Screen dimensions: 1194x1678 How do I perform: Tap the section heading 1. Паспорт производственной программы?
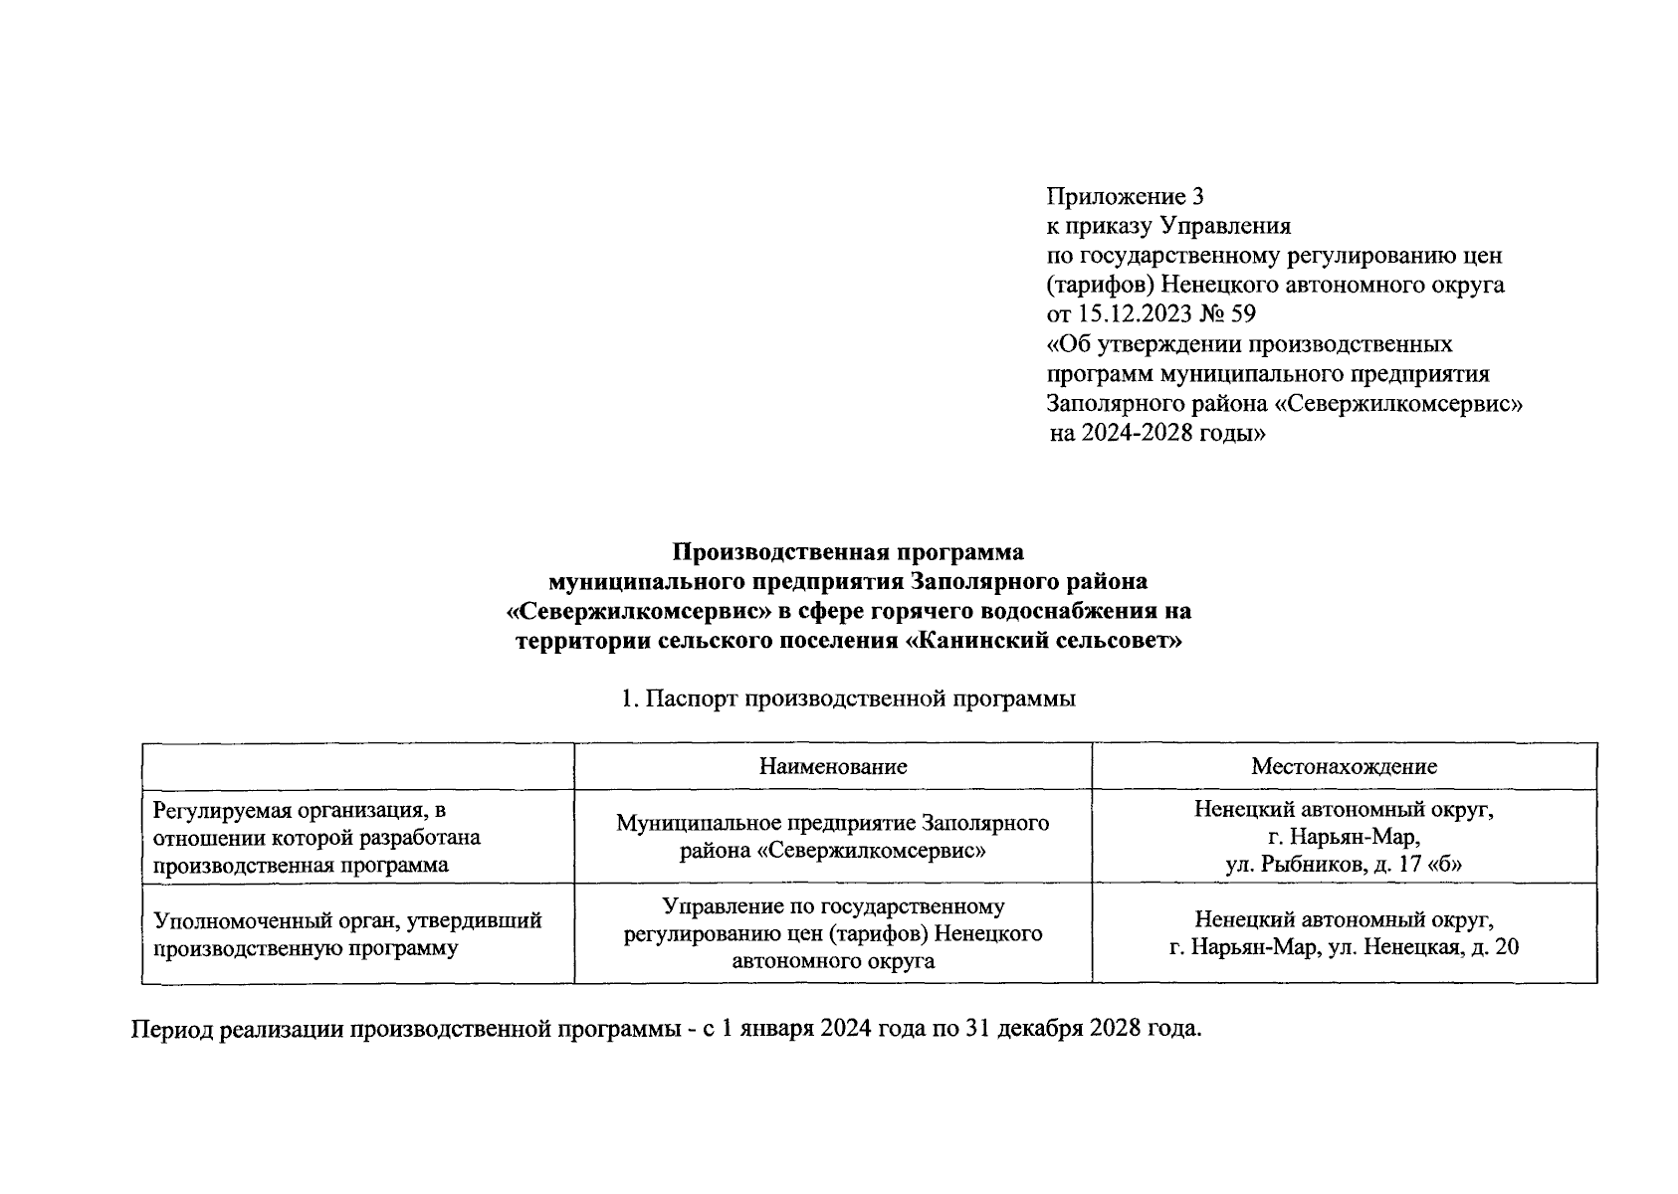(848, 698)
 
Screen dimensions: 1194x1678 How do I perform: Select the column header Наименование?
(833, 766)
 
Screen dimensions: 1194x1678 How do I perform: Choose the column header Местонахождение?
(1344, 766)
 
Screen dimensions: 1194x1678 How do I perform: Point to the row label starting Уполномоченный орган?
(345, 933)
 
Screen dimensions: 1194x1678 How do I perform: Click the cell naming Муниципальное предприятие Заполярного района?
(833, 837)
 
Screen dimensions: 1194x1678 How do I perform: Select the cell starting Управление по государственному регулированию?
(833, 933)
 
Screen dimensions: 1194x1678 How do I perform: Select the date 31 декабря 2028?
(1051, 1028)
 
